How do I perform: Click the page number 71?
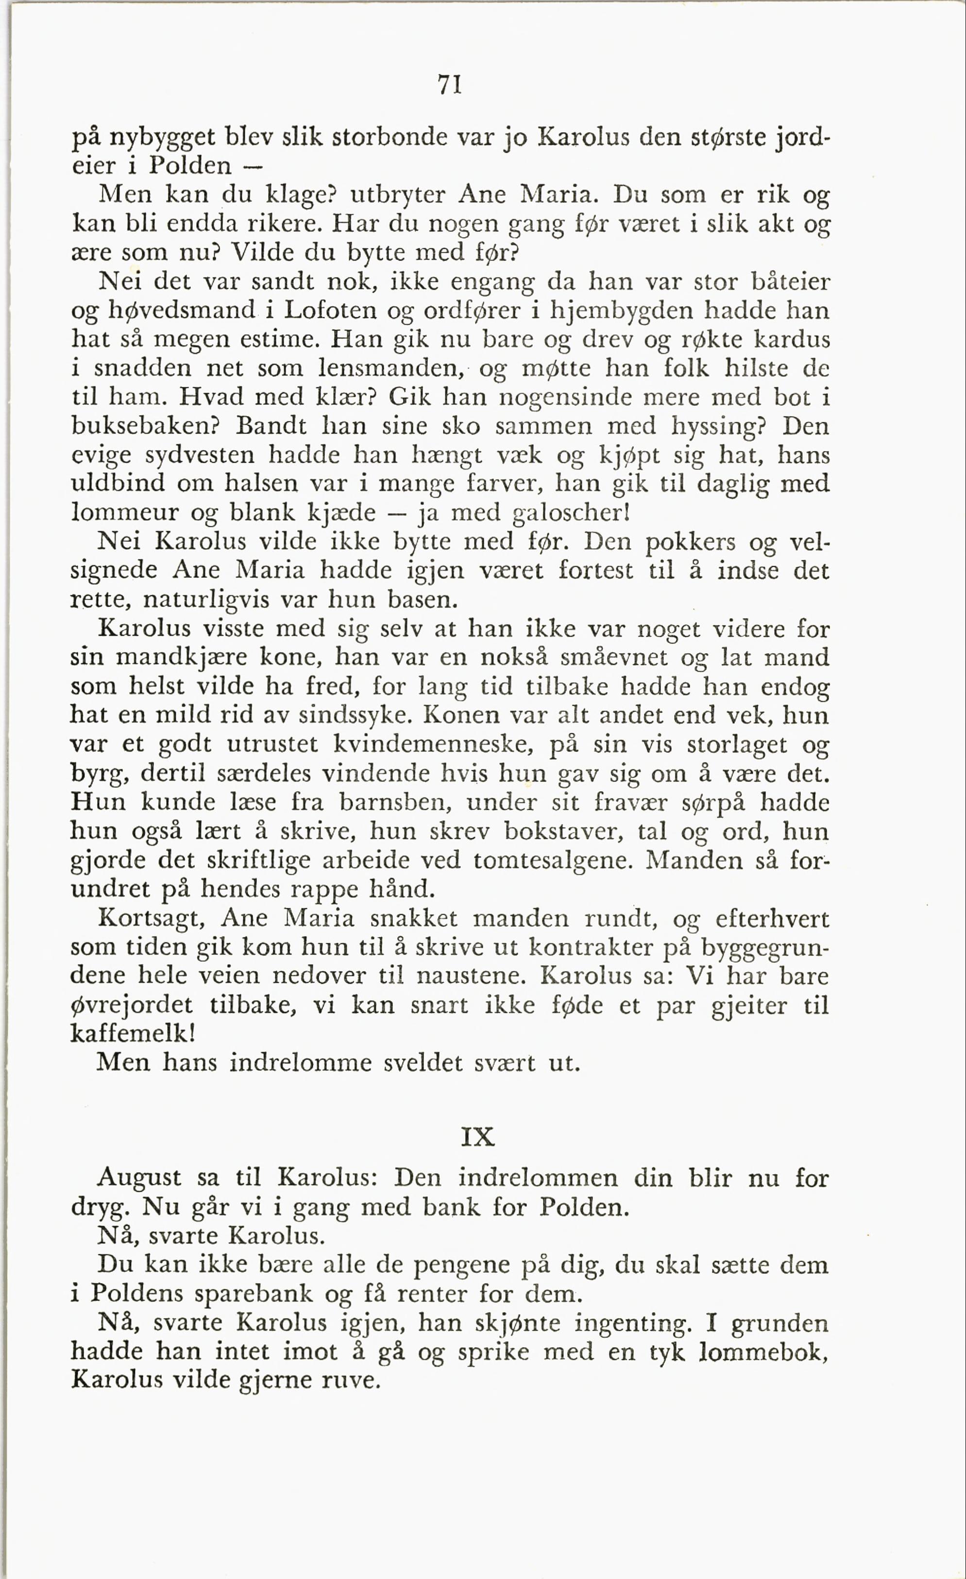pos(450,85)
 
